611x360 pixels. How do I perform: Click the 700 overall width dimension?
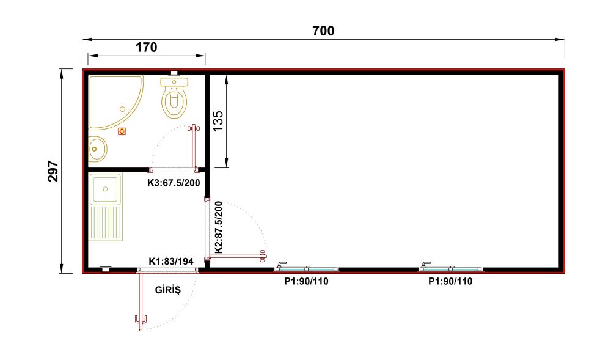323,31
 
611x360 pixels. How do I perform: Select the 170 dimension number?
146,48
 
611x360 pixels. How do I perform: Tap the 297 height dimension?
53,171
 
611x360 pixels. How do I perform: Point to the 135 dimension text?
218,121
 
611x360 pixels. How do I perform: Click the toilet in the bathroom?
174,97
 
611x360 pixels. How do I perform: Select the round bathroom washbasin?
97,149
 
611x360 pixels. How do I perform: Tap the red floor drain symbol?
122,131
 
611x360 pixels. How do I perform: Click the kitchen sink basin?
105,189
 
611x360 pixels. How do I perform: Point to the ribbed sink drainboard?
106,223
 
